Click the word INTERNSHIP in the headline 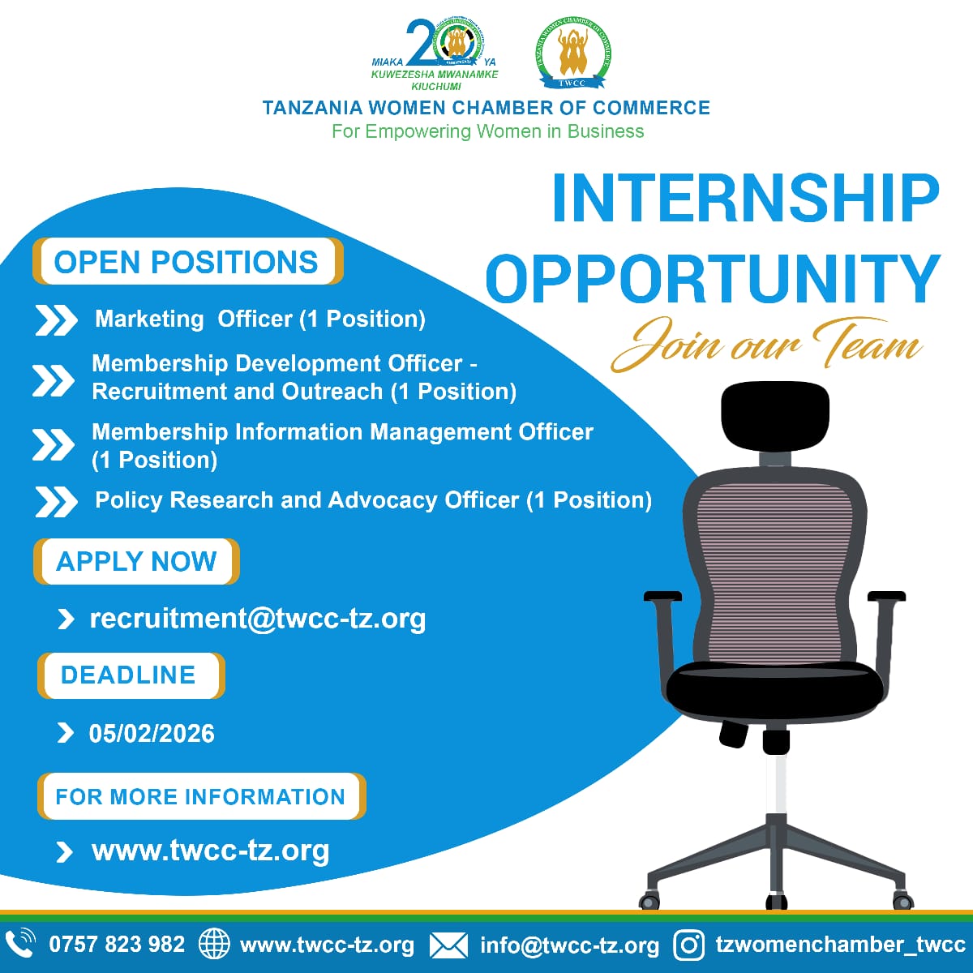pyautogui.click(x=744, y=198)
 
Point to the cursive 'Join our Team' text pyautogui.click(x=766, y=344)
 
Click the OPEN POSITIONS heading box pyautogui.click(x=187, y=262)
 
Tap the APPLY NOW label pyautogui.click(x=136, y=561)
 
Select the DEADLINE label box pyautogui.click(x=130, y=675)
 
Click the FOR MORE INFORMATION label pyautogui.click(x=200, y=796)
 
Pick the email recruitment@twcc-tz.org pyautogui.click(x=257, y=619)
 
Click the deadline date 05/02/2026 pyautogui.click(x=152, y=734)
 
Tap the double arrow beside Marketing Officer pyautogui.click(x=56, y=320)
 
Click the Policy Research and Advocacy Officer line pyautogui.click(x=373, y=500)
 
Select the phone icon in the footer pyautogui.click(x=20, y=944)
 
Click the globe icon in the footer pyautogui.click(x=214, y=945)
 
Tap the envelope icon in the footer pyautogui.click(x=448, y=945)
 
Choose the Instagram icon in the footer pyautogui.click(x=689, y=945)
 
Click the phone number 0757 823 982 pyautogui.click(x=117, y=945)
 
